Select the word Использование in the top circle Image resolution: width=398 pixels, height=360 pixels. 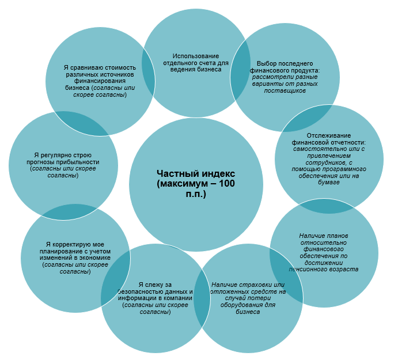click(196, 56)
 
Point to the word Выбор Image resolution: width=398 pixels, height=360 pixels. click(266, 63)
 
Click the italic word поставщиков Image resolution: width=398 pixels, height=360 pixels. click(285, 90)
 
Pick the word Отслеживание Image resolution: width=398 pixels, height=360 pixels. click(329, 135)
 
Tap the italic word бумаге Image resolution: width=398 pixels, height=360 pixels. click(329, 182)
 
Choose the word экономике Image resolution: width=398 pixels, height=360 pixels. click(95, 258)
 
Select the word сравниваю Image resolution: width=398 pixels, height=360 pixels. click(86, 68)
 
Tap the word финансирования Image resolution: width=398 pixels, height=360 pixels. click(100, 81)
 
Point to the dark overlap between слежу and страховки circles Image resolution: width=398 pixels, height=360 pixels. click(202, 298)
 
